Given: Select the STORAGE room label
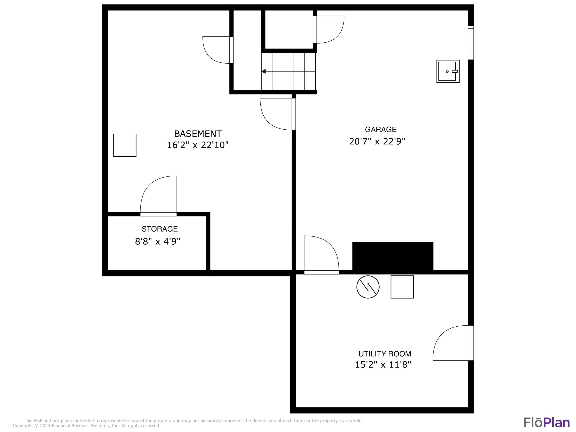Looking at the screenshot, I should (160, 229).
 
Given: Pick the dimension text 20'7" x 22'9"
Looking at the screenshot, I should (377, 141).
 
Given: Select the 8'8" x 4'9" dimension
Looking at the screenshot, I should (158, 241).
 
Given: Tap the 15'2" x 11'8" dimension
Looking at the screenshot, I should (383, 365).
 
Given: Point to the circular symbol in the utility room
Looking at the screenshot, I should (368, 287).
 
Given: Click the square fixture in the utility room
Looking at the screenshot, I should (402, 287).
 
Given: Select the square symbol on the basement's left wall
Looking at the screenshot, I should (125, 145).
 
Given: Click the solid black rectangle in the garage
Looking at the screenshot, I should (393, 256).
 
